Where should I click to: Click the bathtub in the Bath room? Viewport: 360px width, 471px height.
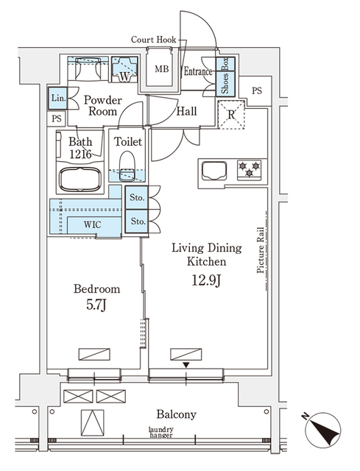tap(80, 180)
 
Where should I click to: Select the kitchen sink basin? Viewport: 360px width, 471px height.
tap(214, 171)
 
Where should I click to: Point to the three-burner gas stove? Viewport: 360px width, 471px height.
tap(249, 170)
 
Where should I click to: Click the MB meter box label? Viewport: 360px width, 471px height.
tap(162, 69)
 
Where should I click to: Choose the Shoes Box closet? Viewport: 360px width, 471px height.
tap(225, 77)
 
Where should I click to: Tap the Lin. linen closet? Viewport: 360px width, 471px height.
tap(58, 98)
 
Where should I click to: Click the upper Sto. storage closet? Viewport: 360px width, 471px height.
tap(137, 198)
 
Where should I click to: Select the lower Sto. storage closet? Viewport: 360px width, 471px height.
tap(137, 221)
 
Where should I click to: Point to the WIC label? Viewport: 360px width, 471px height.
tap(93, 224)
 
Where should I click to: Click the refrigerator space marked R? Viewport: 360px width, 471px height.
tap(231, 115)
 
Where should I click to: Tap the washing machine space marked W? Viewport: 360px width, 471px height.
tap(124, 69)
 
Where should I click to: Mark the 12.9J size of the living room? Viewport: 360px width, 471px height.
tap(207, 280)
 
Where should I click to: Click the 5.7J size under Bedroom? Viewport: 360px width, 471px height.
tap(96, 305)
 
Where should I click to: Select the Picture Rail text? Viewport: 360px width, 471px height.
tap(260, 250)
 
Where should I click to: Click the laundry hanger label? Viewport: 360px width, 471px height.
tap(161, 432)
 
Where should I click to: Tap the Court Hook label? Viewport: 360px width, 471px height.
tap(154, 40)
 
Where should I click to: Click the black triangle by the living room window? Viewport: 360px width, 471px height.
tap(186, 365)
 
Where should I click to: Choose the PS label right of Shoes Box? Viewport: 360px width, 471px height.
tap(257, 91)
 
